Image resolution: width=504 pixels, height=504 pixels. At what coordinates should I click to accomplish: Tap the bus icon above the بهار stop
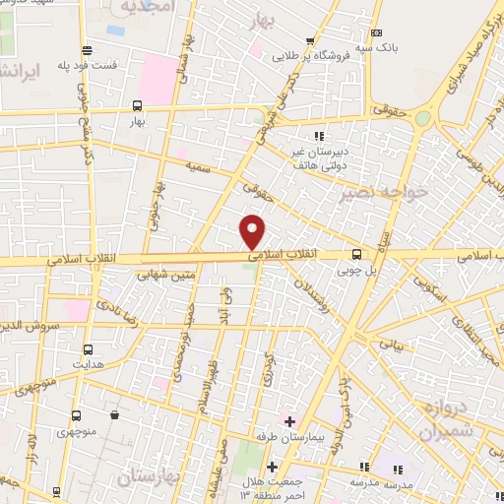(x=136, y=105)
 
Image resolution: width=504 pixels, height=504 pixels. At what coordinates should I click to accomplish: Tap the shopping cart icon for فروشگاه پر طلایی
(x=310, y=41)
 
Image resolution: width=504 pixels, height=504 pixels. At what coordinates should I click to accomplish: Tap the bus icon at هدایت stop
(x=89, y=349)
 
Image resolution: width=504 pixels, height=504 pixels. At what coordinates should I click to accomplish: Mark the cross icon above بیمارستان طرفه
(x=289, y=421)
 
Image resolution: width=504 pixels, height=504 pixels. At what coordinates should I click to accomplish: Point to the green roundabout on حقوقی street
(x=423, y=118)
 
